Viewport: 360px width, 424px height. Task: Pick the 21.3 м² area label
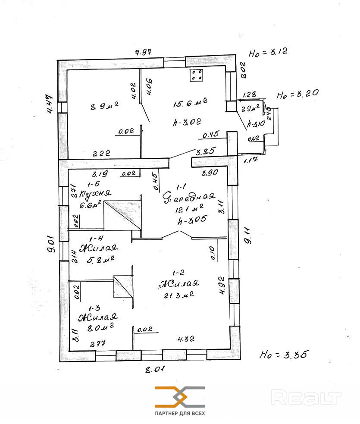[x=178, y=295]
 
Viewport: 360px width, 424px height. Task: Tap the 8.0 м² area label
[x=100, y=328]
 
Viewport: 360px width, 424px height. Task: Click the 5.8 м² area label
[x=100, y=260]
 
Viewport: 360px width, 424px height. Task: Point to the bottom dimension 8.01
[x=154, y=369]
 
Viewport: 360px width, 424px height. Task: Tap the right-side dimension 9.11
[x=247, y=237]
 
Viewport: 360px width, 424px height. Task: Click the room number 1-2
[x=178, y=273]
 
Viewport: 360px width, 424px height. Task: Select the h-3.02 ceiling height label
[x=187, y=122]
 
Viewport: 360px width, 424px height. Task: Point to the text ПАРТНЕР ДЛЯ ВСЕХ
[x=180, y=413]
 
